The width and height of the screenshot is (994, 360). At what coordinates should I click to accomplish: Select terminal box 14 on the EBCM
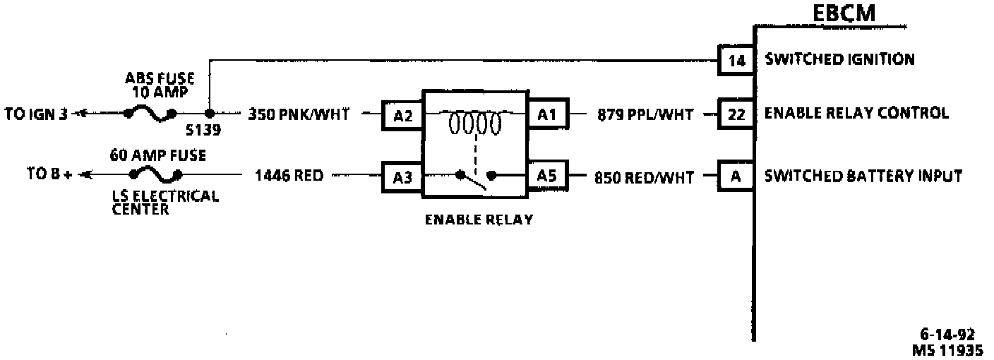736,61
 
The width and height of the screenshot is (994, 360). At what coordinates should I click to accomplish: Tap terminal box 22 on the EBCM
736,114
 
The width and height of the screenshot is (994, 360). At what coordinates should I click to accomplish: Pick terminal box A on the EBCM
736,176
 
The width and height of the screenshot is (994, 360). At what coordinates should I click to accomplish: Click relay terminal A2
402,115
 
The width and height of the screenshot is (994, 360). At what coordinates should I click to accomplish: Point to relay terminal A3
402,176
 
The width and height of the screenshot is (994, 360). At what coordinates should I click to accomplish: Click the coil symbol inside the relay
475,125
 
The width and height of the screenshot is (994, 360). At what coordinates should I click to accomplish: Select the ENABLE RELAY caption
478,220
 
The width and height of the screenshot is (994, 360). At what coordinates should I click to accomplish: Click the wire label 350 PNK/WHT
298,114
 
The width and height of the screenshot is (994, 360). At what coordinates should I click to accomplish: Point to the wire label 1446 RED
289,176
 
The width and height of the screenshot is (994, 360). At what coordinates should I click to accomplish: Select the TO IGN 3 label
36,114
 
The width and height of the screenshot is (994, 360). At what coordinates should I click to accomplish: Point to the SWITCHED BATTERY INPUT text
863,176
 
